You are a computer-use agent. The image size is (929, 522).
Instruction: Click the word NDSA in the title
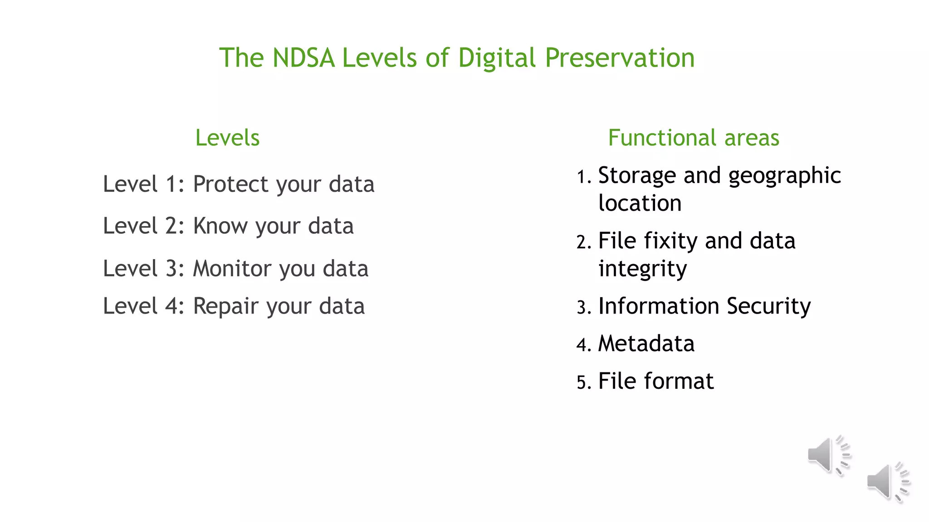point(303,58)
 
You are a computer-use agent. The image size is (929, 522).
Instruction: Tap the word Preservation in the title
point(619,58)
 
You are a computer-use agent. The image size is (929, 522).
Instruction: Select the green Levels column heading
point(227,137)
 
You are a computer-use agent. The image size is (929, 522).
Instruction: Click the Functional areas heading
point(694,137)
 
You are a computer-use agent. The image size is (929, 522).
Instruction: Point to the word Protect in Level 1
point(231,184)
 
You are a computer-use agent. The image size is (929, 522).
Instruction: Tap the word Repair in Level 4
point(226,306)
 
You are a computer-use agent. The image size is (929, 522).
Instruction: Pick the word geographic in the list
point(784,176)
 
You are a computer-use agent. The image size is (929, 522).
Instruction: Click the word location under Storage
point(640,203)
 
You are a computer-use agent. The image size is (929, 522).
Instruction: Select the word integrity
point(642,269)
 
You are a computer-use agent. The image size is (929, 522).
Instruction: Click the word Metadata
point(646,343)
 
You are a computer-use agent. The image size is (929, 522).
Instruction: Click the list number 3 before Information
point(582,308)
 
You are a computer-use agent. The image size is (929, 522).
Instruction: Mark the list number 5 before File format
point(582,383)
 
